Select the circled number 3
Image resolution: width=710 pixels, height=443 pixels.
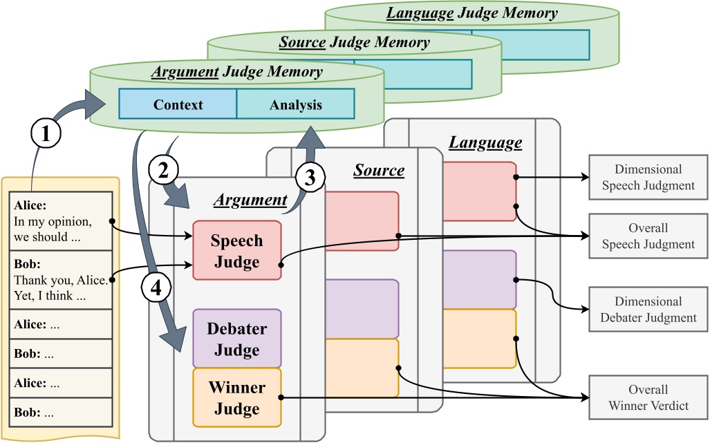310,178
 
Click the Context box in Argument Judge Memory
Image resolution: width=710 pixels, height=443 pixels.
178,104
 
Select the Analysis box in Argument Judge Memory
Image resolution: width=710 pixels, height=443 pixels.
296,104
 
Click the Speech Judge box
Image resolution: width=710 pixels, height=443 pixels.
237,251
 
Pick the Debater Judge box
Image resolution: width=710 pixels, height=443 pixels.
237,339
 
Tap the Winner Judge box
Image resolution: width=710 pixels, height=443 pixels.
237,397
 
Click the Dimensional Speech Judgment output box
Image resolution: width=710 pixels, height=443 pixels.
648,177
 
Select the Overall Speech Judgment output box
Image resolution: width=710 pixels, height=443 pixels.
648,236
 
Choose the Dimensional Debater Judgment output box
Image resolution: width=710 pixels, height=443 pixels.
648,309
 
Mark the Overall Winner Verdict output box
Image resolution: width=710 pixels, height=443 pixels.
648,397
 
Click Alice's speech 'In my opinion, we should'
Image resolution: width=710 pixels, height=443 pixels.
61,221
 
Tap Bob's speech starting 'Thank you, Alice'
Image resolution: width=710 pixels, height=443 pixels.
61,280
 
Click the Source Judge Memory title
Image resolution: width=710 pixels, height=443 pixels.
354,43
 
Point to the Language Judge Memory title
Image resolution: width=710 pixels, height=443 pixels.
471,13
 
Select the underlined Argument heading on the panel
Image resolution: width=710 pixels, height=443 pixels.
250,200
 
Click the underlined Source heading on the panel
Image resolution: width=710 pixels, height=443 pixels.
379,170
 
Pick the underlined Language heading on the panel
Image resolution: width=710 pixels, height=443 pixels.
485,143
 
